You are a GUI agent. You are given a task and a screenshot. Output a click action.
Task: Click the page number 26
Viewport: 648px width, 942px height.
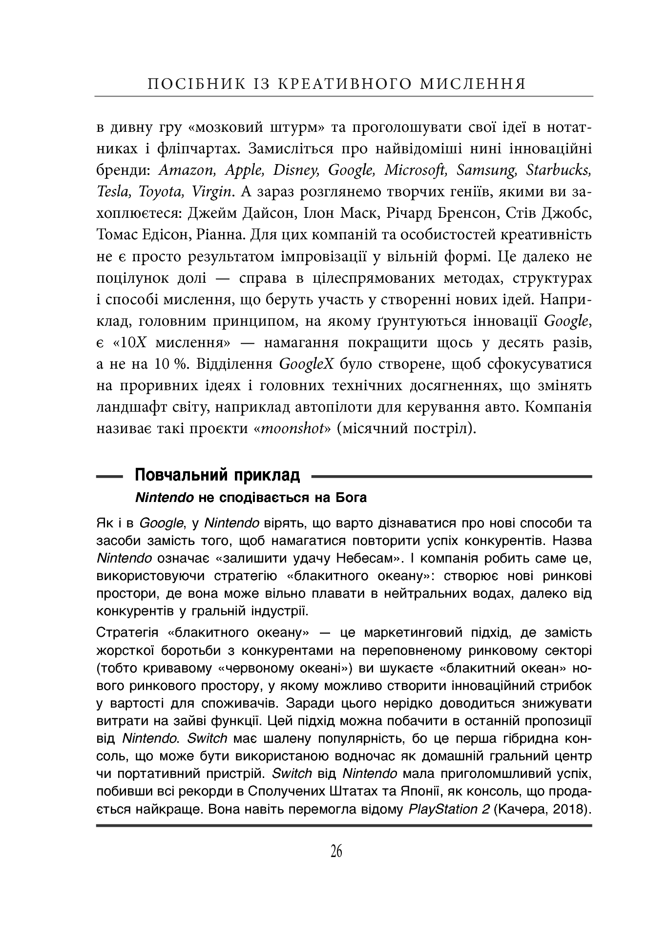pyautogui.click(x=336, y=851)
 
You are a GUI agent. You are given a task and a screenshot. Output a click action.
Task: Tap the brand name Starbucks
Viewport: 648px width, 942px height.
pyautogui.click(x=559, y=170)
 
